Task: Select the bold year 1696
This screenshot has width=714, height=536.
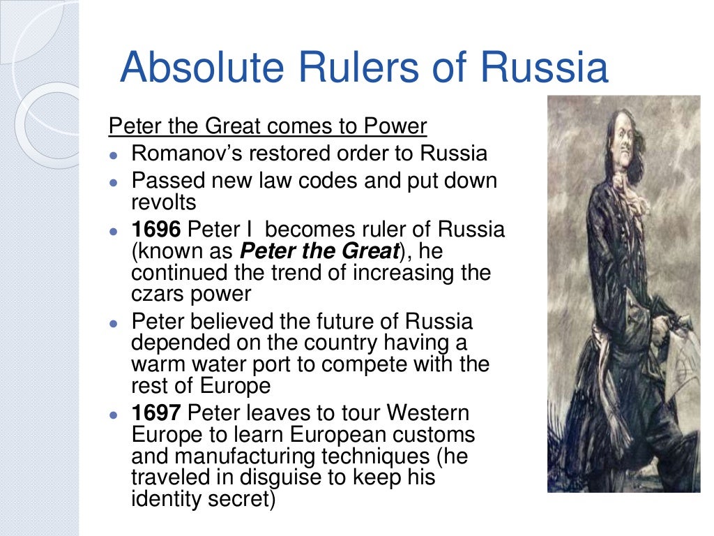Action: point(158,230)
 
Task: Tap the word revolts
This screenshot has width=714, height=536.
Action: point(163,202)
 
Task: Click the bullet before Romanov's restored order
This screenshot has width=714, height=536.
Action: point(114,154)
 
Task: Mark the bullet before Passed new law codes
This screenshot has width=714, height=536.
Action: point(114,181)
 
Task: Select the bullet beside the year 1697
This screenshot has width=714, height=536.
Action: point(114,413)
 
